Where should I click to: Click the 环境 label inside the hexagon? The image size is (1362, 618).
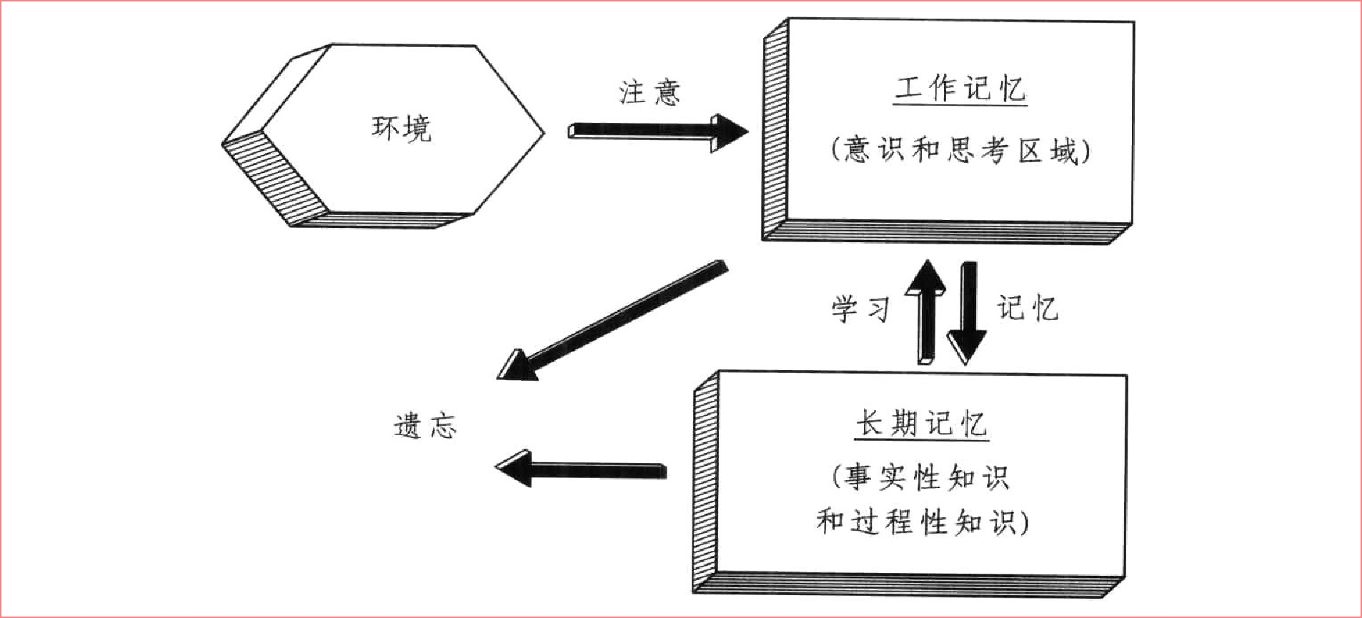tap(402, 129)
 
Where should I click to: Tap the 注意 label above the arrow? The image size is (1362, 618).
tap(649, 93)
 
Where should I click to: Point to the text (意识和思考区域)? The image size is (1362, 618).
tap(960, 151)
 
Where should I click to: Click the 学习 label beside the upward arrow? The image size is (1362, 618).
tap(860, 309)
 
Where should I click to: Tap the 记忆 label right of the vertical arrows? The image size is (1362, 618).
tap(1028, 309)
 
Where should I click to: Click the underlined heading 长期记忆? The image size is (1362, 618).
tap(921, 424)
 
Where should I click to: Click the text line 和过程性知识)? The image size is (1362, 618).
tap(922, 522)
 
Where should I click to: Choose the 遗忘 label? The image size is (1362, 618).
tap(425, 427)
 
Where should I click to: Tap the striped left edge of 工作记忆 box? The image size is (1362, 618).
tap(775, 129)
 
